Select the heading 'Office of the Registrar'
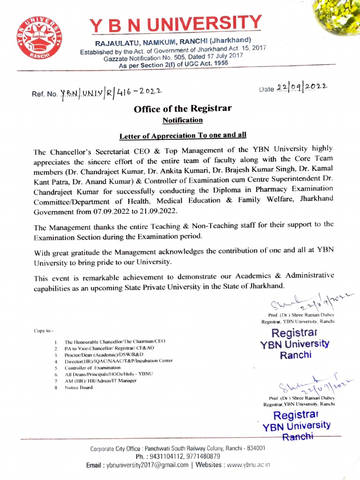[183, 109]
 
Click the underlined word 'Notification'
[182, 120]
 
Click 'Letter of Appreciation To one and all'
[183, 136]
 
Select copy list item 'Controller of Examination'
[93, 368]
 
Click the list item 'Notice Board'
[79, 388]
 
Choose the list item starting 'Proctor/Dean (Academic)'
[101, 355]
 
